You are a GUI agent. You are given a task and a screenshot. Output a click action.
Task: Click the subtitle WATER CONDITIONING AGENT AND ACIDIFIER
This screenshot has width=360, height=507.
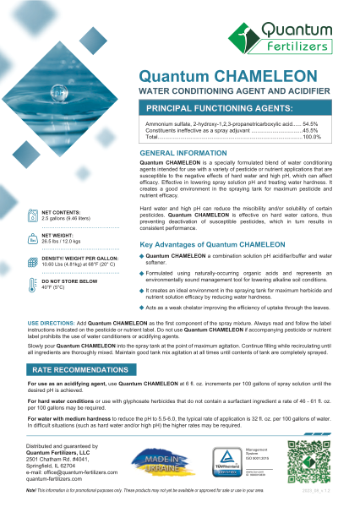[229, 88]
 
